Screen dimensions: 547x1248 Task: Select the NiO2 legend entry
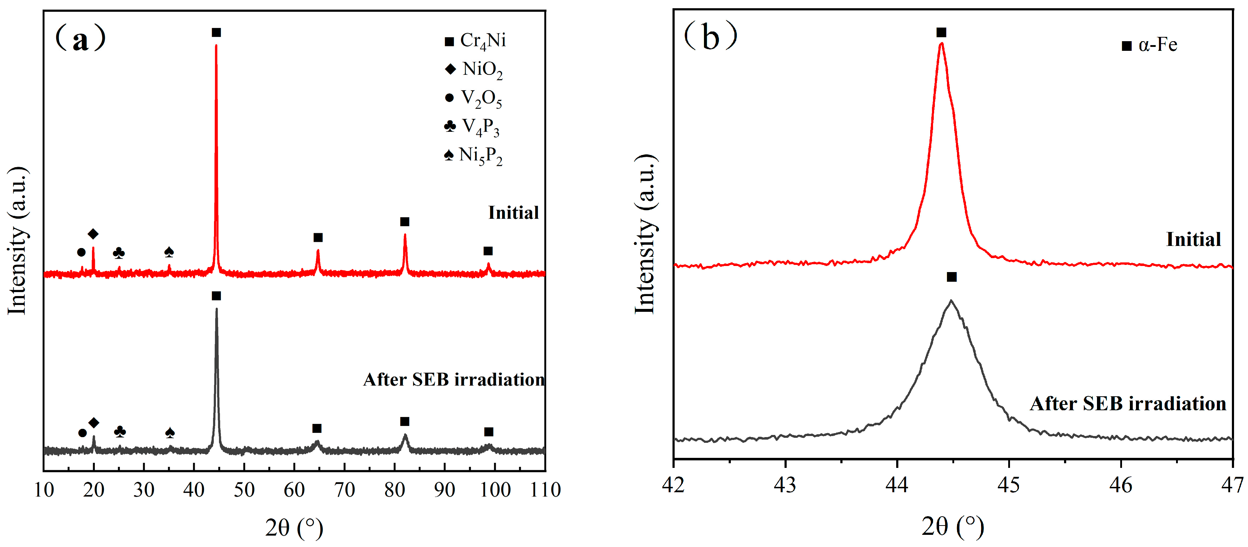coord(474,69)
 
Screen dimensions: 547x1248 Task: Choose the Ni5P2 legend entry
coord(474,155)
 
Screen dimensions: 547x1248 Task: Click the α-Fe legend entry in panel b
coord(1149,45)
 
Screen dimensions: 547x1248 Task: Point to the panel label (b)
coord(710,37)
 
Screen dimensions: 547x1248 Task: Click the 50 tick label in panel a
coord(244,490)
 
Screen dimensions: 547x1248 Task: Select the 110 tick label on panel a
coord(545,490)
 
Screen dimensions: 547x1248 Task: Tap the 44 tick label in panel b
coord(897,484)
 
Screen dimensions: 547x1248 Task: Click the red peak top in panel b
coord(941,44)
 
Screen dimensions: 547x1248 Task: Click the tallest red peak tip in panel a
coord(216,45)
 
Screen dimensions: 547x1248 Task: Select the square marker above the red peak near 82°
coord(404,222)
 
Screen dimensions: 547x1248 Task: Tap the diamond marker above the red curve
coord(93,234)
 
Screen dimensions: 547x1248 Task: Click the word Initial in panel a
coord(513,213)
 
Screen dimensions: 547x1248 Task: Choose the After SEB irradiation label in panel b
coord(1127,403)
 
